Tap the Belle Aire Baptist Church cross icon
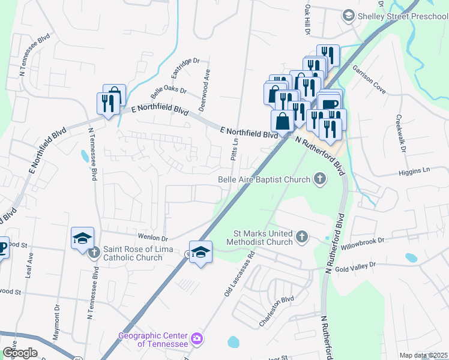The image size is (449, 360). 321,179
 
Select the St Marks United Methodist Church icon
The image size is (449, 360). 302,238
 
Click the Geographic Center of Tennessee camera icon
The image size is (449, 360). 197,340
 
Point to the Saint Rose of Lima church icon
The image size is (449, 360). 94,253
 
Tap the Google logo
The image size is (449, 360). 19,353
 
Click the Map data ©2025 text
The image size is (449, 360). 423,355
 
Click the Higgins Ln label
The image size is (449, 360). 414,171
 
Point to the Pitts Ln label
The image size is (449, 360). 235,149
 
